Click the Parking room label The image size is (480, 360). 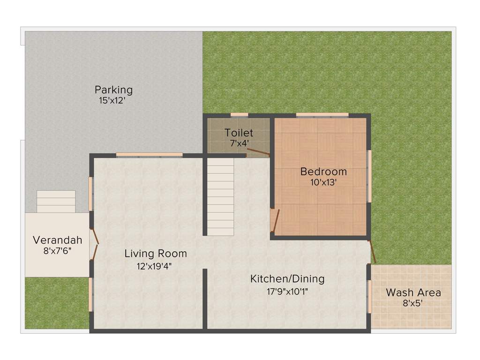[113, 90]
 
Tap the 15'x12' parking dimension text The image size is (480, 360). [112, 100]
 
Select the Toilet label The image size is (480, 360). [239, 133]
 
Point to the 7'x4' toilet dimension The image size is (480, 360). [239, 143]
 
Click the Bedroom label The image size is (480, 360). [323, 172]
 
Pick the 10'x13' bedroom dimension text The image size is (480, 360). [323, 182]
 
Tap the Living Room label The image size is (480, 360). [156, 254]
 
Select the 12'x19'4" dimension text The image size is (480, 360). [156, 266]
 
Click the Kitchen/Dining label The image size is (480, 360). [287, 279]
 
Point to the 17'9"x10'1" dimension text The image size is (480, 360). [287, 291]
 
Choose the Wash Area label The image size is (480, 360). [413, 292]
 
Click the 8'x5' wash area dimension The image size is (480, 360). [413, 303]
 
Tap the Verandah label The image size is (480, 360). [57, 240]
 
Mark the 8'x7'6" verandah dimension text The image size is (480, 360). [57, 251]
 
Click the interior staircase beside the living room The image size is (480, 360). [220, 197]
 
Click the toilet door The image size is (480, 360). [258, 151]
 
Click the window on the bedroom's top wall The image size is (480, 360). [322, 115]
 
